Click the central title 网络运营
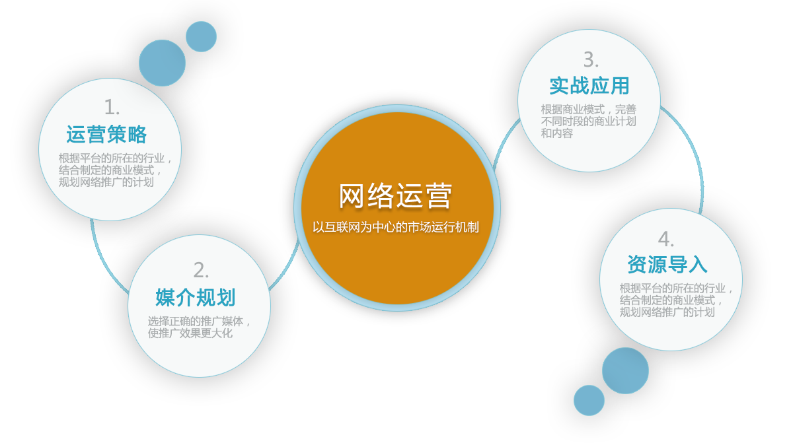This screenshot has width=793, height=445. [395, 195]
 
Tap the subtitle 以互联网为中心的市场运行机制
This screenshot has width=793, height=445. [395, 227]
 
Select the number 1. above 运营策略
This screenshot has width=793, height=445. [112, 107]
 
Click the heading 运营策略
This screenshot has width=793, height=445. [106, 135]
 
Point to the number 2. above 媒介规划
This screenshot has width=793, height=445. [201, 271]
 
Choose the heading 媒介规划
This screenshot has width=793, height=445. [196, 298]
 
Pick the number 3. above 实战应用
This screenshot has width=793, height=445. [591, 60]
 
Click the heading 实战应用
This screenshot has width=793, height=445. [589, 86]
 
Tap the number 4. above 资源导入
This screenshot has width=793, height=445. [666, 240]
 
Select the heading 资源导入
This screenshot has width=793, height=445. [667, 265]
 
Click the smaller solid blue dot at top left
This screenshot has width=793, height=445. [201, 37]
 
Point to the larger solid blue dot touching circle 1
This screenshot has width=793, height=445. [162, 63]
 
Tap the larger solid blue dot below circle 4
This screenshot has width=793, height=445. [625, 370]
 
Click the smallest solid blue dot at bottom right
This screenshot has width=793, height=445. [589, 400]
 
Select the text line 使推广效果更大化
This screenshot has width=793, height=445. [190, 333]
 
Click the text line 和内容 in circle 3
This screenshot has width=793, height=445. [557, 133]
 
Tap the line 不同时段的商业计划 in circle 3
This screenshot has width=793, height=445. [588, 121]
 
